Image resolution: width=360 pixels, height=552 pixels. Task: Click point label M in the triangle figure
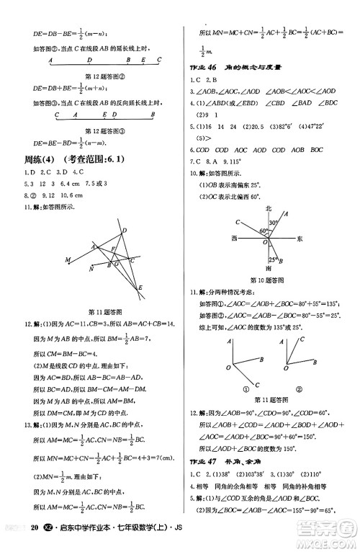67,259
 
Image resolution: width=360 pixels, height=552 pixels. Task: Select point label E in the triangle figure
140,288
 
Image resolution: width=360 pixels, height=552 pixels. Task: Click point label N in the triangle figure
91,269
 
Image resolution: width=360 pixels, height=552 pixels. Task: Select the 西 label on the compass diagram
233,238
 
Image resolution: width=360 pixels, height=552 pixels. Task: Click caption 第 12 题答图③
106,131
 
